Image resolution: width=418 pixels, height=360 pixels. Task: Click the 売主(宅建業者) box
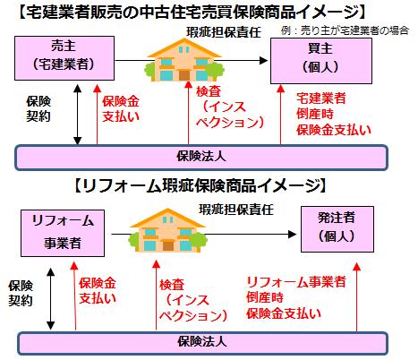click(64, 58)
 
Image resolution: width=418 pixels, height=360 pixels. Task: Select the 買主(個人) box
click(321, 61)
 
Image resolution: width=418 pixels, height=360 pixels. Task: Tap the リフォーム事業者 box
click(63, 233)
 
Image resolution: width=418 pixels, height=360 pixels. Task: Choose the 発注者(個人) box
click(337, 229)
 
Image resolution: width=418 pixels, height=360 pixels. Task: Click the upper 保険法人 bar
click(201, 158)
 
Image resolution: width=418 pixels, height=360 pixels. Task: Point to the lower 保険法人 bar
click(203, 343)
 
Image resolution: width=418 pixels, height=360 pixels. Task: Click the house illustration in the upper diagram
click(184, 60)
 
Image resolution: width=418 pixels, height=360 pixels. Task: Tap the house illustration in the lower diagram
click(167, 230)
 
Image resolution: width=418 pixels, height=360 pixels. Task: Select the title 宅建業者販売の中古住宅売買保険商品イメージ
click(191, 13)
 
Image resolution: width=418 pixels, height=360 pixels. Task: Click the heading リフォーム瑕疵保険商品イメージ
click(200, 185)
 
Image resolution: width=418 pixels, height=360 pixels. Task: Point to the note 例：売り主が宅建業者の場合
click(345, 30)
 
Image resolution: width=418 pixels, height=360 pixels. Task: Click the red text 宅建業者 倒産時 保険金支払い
click(334, 114)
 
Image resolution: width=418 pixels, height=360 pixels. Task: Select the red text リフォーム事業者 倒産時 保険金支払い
click(296, 297)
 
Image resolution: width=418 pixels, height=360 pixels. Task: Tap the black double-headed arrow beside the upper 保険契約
click(78, 115)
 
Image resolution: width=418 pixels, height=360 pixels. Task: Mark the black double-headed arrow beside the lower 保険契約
click(51, 299)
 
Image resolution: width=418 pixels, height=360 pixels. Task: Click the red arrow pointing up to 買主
click(280, 115)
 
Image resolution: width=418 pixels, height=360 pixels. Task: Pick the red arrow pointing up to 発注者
click(357, 297)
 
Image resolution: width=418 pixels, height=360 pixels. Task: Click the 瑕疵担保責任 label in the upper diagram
click(224, 32)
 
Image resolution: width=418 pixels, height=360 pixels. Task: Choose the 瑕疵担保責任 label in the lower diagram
click(236, 210)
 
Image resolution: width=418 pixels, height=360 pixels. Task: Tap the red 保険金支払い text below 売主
click(121, 109)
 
